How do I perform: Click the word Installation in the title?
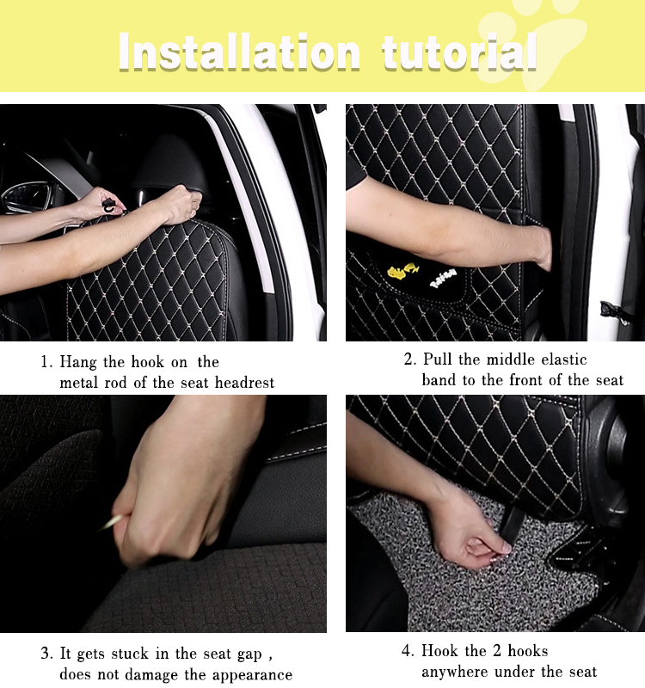tap(240, 52)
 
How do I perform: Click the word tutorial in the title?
tap(459, 52)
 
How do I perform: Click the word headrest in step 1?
tap(244, 383)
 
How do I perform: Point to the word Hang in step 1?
tap(78, 362)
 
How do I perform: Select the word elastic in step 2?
tap(564, 359)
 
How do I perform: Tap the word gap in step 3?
tap(249, 655)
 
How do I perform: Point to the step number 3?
tap(46, 654)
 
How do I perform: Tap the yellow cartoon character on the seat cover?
tap(402, 270)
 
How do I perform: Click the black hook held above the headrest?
tap(108, 205)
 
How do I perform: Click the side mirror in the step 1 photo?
tap(28, 197)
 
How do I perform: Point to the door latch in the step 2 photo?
tap(615, 311)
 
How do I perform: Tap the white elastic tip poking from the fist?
tap(113, 522)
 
